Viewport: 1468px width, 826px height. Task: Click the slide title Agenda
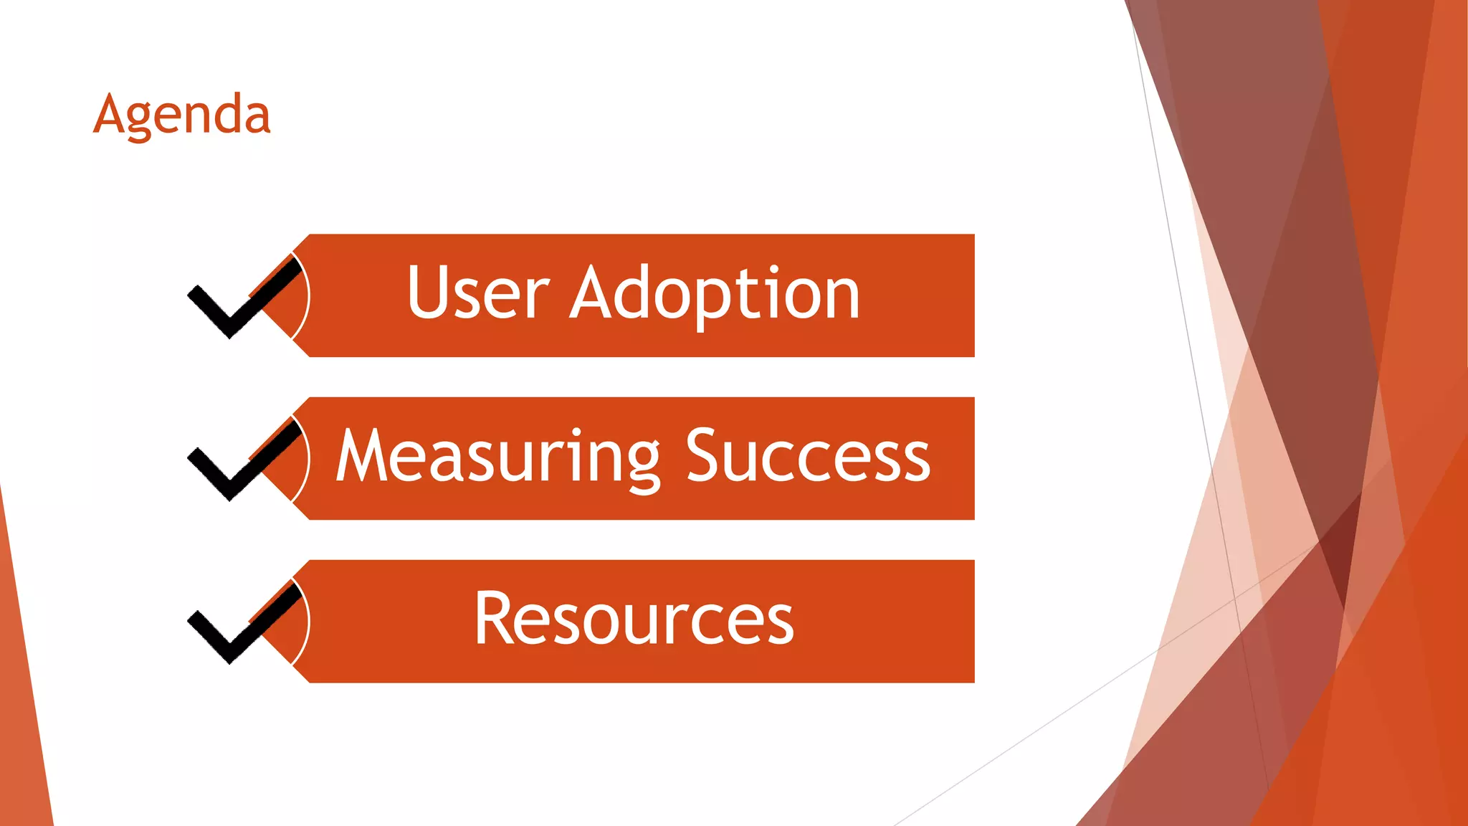click(182, 115)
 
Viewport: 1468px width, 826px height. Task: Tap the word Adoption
click(715, 294)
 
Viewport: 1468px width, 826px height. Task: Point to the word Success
click(808, 456)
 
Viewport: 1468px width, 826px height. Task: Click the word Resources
click(634, 619)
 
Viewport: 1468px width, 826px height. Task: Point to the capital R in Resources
click(496, 618)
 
